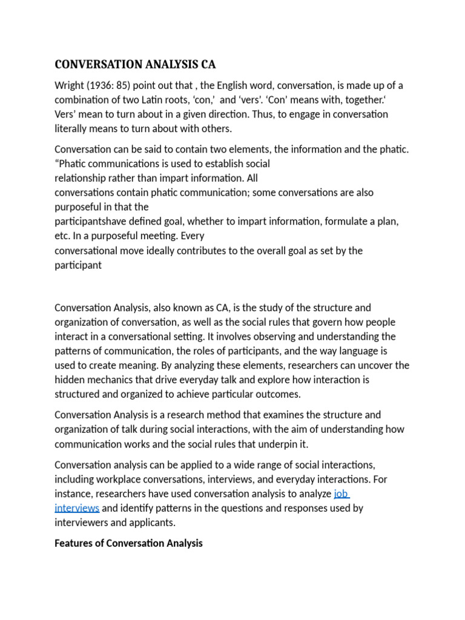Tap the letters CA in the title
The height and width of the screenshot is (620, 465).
[x=208, y=65]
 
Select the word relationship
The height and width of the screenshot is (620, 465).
[x=83, y=178]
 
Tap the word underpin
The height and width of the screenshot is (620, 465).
[x=272, y=444]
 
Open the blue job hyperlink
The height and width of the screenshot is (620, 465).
[x=341, y=493]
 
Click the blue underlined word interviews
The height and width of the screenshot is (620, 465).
[x=77, y=508]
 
